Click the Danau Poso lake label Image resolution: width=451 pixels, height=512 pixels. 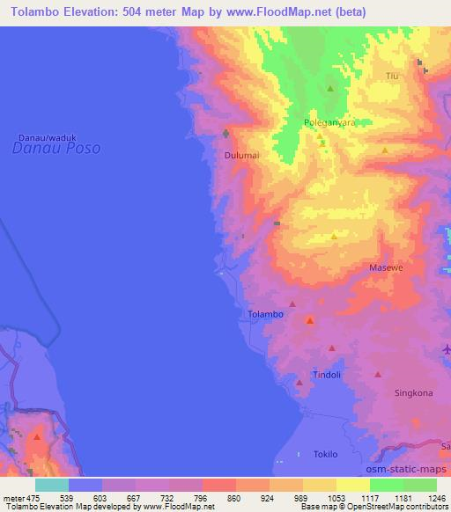(56, 149)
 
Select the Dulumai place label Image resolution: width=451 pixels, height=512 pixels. (240, 156)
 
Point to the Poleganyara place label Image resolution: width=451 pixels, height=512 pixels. (329, 122)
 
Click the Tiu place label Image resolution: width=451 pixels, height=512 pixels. (393, 77)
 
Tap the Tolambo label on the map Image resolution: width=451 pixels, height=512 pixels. (265, 314)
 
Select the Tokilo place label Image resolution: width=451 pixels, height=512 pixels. (325, 454)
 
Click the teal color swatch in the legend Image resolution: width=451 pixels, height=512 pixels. (52, 485)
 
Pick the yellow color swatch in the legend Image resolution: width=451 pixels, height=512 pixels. (352, 485)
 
